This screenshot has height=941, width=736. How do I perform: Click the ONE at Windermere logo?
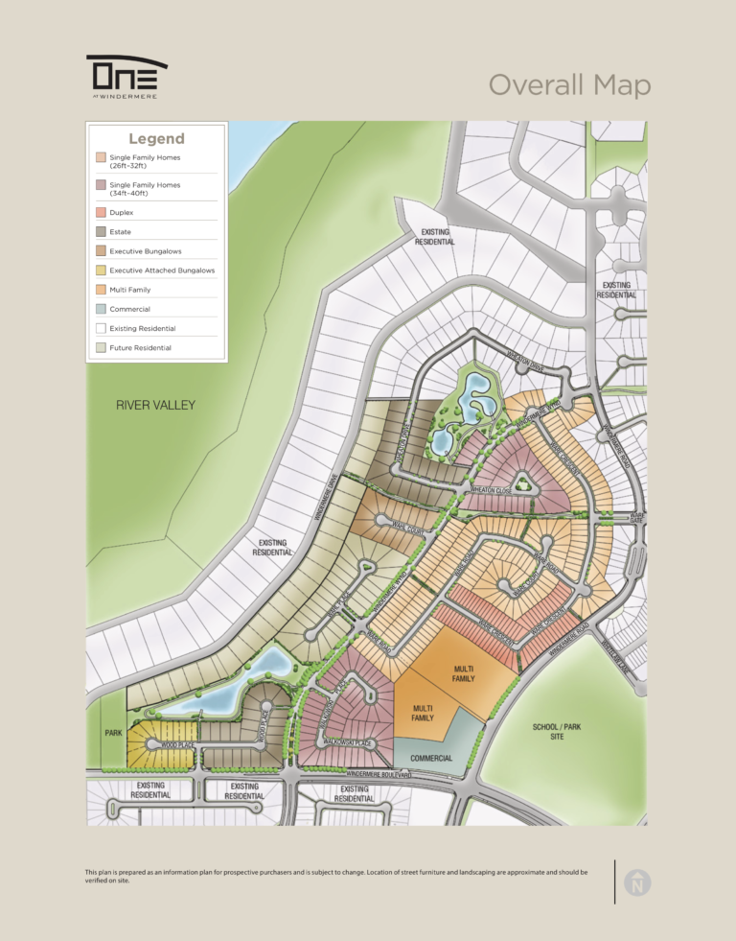(126, 74)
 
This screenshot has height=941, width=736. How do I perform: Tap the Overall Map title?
(569, 85)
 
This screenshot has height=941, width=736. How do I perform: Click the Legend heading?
(156, 139)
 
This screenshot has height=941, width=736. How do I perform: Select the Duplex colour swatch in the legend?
(101, 212)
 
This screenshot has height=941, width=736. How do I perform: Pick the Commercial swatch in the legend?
(101, 309)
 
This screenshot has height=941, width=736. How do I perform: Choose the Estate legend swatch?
(101, 232)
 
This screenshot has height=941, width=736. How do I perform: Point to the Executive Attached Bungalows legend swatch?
(101, 271)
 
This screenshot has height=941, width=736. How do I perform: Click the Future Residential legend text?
(140, 347)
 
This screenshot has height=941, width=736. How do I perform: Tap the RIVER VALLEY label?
(155, 405)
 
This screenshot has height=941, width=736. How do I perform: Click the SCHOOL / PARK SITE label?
(557, 732)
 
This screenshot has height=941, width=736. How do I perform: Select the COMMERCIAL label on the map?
(431, 758)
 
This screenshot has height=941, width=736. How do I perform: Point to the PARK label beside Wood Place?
(112, 733)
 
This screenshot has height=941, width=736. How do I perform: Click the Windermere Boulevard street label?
(379, 774)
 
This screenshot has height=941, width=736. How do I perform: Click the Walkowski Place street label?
(348, 742)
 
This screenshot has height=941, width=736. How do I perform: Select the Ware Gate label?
(636, 517)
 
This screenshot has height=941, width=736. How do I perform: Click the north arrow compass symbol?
(636, 883)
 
